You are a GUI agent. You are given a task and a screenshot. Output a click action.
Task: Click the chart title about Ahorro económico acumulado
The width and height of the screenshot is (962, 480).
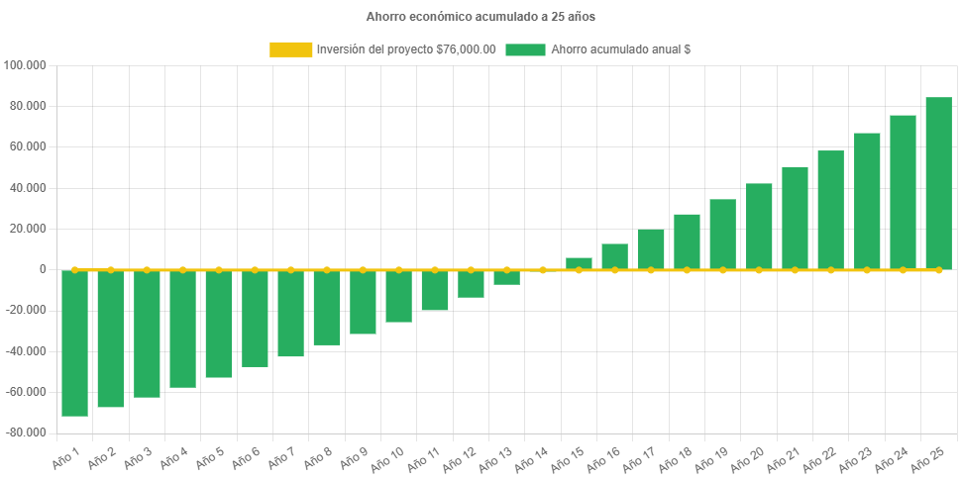pyautogui.click(x=481, y=17)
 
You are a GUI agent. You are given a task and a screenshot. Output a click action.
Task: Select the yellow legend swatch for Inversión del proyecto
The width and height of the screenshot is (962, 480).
pyautogui.click(x=290, y=49)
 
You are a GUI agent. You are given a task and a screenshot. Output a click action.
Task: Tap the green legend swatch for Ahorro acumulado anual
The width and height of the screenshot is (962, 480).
pyautogui.click(x=525, y=49)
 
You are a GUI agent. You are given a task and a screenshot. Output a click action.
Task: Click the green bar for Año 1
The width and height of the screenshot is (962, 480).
pyautogui.click(x=75, y=342)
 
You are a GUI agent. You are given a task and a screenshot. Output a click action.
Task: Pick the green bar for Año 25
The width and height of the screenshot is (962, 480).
pyautogui.click(x=938, y=183)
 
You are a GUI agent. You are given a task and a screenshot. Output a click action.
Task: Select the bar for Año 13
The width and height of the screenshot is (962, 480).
pyautogui.click(x=506, y=277)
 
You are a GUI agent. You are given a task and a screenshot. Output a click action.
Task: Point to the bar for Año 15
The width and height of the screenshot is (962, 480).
pyautogui.click(x=579, y=263)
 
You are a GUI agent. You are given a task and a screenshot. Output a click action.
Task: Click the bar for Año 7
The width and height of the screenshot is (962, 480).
pyautogui.click(x=290, y=313)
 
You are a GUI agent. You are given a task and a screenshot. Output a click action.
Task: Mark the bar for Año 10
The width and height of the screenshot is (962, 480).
pyautogui.click(x=398, y=296)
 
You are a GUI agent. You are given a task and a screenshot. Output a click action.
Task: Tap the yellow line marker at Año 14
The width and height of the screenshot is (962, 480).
pyautogui.click(x=543, y=269)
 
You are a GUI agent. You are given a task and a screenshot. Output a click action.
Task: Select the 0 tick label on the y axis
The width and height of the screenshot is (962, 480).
pyautogui.click(x=43, y=269)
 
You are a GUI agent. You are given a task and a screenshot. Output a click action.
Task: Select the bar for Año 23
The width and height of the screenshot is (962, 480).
pyautogui.click(x=867, y=201)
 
